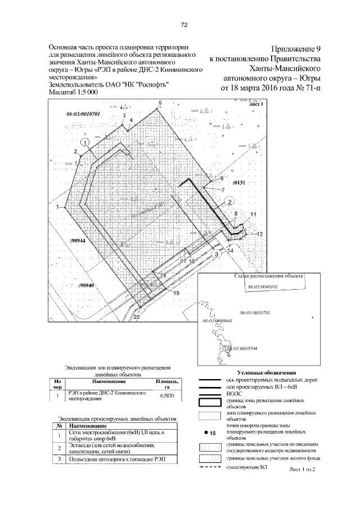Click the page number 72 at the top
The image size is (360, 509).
click(183, 24)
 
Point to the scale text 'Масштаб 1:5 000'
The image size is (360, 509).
click(74, 91)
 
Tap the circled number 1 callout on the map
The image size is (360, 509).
click(84, 143)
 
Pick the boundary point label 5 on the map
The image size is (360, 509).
click(160, 102)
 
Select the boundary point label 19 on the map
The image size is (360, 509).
click(176, 294)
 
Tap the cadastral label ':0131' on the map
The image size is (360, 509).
click(240, 183)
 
